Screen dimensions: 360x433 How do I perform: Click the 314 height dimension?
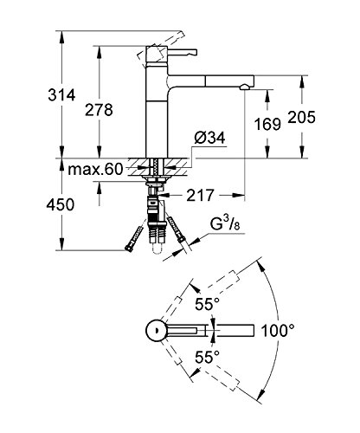click(x=61, y=95)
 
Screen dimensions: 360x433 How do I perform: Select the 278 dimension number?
click(x=99, y=110)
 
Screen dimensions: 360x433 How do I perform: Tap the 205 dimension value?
click(x=302, y=118)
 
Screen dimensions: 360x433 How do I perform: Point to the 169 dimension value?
click(x=267, y=125)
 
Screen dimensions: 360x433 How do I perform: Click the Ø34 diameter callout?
click(x=209, y=138)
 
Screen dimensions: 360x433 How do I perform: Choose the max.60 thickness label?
click(x=95, y=169)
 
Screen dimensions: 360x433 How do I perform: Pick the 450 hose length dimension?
click(x=61, y=204)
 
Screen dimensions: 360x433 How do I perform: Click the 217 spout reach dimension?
click(x=200, y=196)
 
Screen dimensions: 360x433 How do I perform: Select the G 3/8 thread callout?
click(x=225, y=223)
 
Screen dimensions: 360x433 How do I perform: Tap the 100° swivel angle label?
click(x=278, y=331)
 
